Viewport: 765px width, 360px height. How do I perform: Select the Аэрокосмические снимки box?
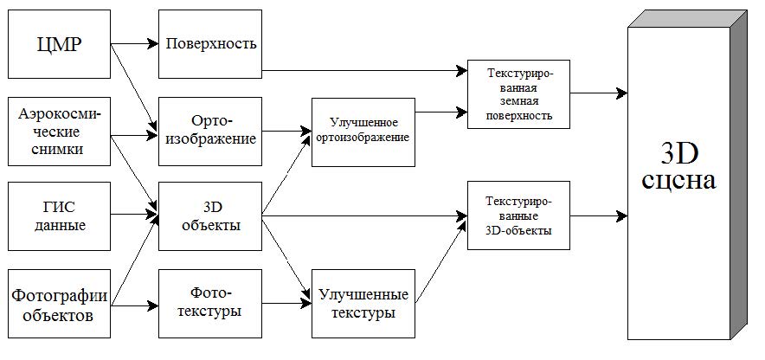pos(58,131)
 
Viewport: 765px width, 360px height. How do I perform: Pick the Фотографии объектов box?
pos(58,303)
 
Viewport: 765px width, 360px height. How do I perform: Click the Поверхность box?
pos(210,42)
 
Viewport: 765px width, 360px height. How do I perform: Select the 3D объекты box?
pos(210,215)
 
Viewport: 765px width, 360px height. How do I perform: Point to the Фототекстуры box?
pos(210,302)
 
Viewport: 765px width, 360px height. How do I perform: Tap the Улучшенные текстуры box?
pos(363,302)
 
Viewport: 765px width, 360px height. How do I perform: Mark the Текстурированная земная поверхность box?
pos(517,94)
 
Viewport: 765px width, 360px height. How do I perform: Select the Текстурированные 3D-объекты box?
pos(517,215)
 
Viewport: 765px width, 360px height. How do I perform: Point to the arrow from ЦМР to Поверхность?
pos(134,42)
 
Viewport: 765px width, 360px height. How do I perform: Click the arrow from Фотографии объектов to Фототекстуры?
pos(134,304)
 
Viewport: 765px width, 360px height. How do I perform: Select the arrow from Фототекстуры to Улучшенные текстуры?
pos(286,304)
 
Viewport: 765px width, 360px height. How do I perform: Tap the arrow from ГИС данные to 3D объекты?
pos(134,214)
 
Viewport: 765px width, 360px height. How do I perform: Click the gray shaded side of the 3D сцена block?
pos(736,190)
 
